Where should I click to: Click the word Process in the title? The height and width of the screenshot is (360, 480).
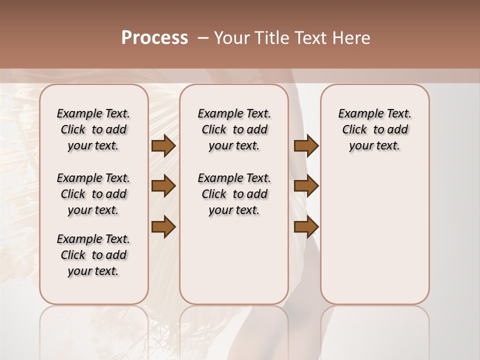point(154,38)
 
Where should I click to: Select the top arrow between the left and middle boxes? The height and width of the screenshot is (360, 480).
point(163,145)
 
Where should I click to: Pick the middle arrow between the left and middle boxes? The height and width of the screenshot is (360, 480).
point(163,186)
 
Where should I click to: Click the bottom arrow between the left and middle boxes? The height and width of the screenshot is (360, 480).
point(163,226)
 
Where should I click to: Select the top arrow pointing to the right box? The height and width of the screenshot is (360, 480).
point(306,145)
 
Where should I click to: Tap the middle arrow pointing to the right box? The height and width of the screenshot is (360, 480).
point(306,186)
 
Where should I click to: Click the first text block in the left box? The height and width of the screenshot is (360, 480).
point(93,129)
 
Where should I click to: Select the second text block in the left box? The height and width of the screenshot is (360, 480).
point(93,194)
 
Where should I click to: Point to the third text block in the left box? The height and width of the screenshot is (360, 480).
point(93,255)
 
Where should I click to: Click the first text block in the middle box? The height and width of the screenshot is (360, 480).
point(234,129)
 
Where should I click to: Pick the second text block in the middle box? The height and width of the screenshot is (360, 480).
point(234,194)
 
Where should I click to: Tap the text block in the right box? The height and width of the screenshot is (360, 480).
point(374,129)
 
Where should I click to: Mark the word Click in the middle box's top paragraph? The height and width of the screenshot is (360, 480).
point(214,130)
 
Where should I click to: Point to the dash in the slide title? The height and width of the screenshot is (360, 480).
point(202,38)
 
